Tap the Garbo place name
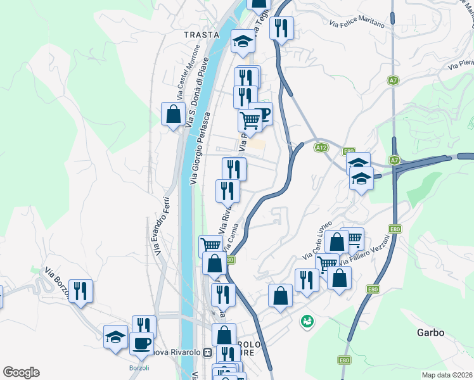tap(430, 332)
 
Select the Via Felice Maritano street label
tap(357, 23)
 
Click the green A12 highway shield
tap(321, 147)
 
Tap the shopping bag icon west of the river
tap(173, 115)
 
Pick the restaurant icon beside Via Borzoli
tap(80, 291)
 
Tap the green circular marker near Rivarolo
tap(307, 322)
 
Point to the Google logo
tap(21, 372)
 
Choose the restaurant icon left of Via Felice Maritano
tap(281, 28)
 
